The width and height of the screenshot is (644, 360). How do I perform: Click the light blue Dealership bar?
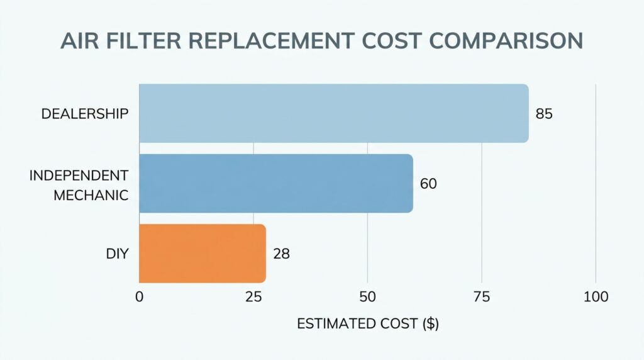(333, 113)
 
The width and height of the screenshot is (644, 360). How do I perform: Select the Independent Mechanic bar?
(275, 183)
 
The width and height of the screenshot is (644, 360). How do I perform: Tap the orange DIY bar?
(202, 253)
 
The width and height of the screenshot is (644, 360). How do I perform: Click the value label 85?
(544, 115)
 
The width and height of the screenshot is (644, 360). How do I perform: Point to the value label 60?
(428, 184)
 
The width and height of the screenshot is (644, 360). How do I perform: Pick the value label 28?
(281, 254)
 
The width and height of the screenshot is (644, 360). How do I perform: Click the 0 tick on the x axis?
(139, 297)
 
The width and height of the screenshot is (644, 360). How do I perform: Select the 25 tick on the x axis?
(253, 297)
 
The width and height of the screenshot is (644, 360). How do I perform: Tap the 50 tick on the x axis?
(368, 297)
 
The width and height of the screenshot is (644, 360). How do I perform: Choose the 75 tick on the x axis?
(482, 297)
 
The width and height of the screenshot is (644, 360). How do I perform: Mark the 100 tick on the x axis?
(596, 297)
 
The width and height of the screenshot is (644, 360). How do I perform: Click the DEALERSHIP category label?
(85, 114)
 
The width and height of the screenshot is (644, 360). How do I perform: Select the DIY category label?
(118, 254)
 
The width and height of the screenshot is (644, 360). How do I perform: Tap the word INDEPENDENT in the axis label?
(79, 174)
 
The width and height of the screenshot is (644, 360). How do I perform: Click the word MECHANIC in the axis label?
(91, 194)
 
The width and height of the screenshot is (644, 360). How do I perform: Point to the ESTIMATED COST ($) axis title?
(368, 324)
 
